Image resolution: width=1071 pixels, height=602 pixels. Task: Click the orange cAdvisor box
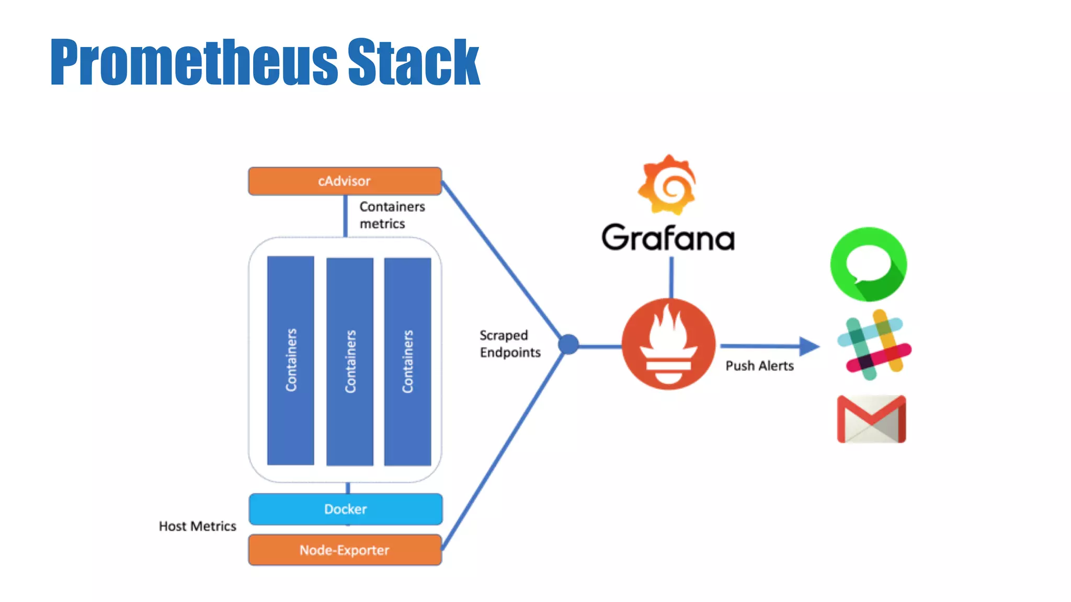pos(345,181)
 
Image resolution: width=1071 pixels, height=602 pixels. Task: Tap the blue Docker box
pos(345,509)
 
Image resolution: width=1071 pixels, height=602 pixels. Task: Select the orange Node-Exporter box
pos(345,550)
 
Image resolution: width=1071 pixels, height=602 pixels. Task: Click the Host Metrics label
pos(197,526)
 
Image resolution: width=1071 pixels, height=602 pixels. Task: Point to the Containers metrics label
pos(392,215)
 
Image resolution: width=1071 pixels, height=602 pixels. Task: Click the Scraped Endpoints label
pos(509,344)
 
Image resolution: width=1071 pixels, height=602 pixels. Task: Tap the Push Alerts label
pos(759,366)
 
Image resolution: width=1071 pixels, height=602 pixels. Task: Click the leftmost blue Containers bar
pos(290,360)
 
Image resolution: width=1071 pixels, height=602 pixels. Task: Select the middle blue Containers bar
pos(349,361)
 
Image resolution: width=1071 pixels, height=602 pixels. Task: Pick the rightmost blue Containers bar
pos(407,361)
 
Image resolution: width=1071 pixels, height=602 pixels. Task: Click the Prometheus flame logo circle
pos(668,344)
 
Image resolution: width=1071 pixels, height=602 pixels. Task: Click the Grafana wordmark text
pos(668,238)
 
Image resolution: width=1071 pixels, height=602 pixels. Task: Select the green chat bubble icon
pos(869,264)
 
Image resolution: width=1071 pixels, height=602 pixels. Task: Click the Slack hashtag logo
pos(873,345)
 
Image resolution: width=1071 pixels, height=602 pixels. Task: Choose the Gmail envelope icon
pos(871,419)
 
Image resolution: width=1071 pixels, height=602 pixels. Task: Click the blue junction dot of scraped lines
pos(568,344)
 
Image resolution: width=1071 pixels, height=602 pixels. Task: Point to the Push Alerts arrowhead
pos(809,345)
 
